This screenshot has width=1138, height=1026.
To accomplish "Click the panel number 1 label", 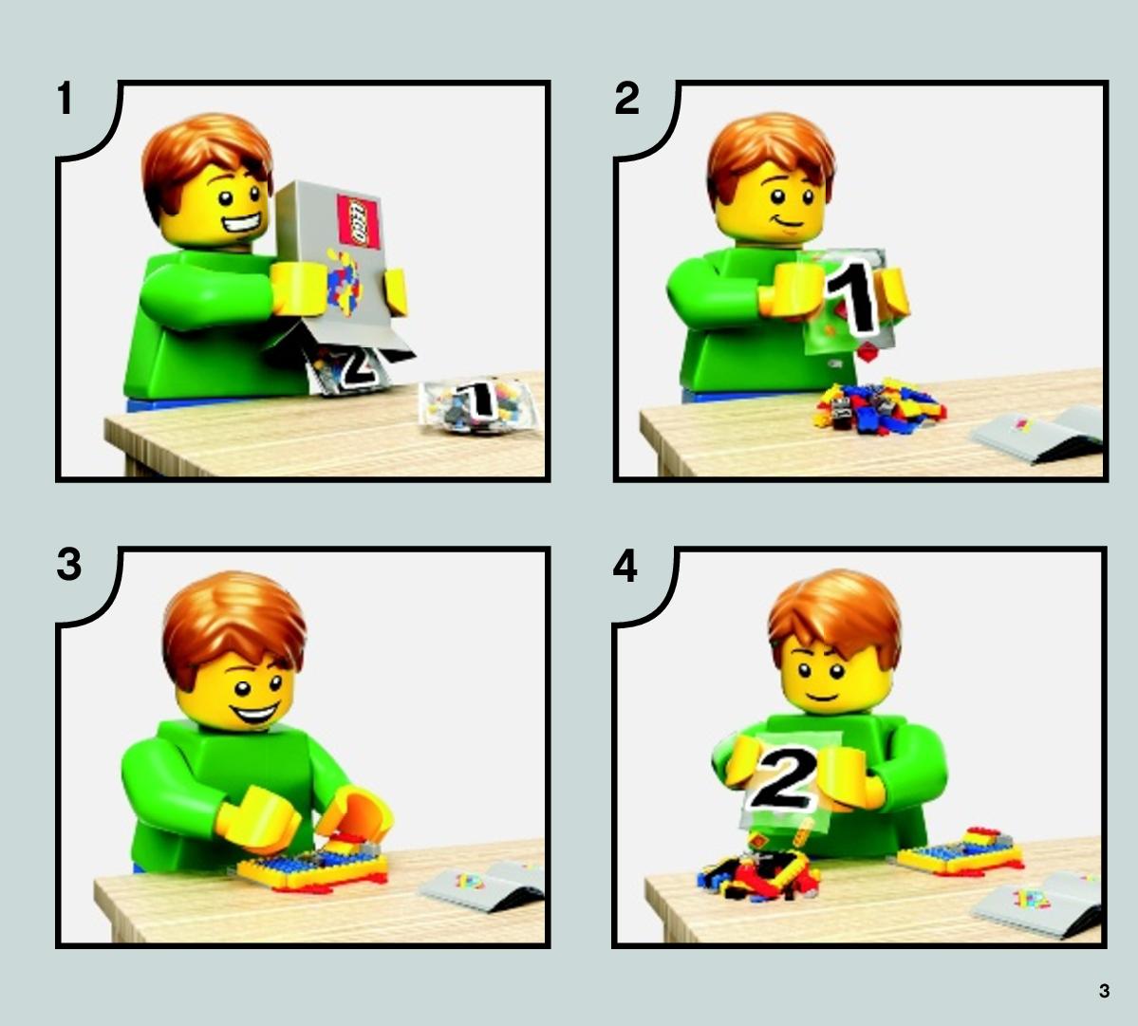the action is coord(65,99).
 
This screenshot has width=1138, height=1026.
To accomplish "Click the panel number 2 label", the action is coord(626,99).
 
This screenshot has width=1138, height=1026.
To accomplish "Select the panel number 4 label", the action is coord(625,566).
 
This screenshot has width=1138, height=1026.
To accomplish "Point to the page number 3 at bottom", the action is coord(1104,991).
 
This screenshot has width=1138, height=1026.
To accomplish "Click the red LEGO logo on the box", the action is coord(359,221).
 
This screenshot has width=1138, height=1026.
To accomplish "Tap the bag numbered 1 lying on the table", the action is coord(479,405).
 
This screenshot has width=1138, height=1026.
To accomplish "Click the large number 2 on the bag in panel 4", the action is coord(784,778).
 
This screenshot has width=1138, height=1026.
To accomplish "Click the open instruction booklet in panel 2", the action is coord(1037,434).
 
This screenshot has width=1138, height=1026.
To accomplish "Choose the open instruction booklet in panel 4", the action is coord(1037,905).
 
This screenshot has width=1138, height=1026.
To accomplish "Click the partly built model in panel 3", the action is coord(313,864).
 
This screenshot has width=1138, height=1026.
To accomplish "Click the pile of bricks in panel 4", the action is coord(758,870).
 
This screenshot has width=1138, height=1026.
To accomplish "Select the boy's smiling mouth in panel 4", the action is coord(822,698).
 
